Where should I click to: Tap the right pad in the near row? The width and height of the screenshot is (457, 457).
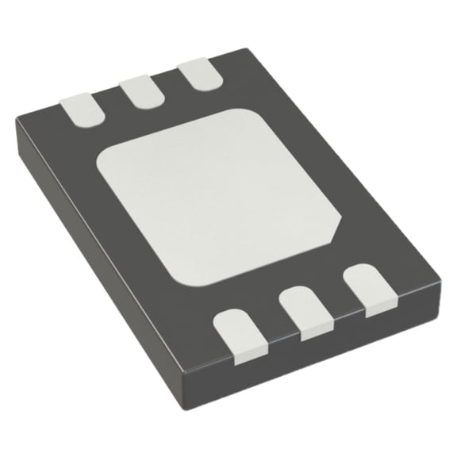coord(367,289)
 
